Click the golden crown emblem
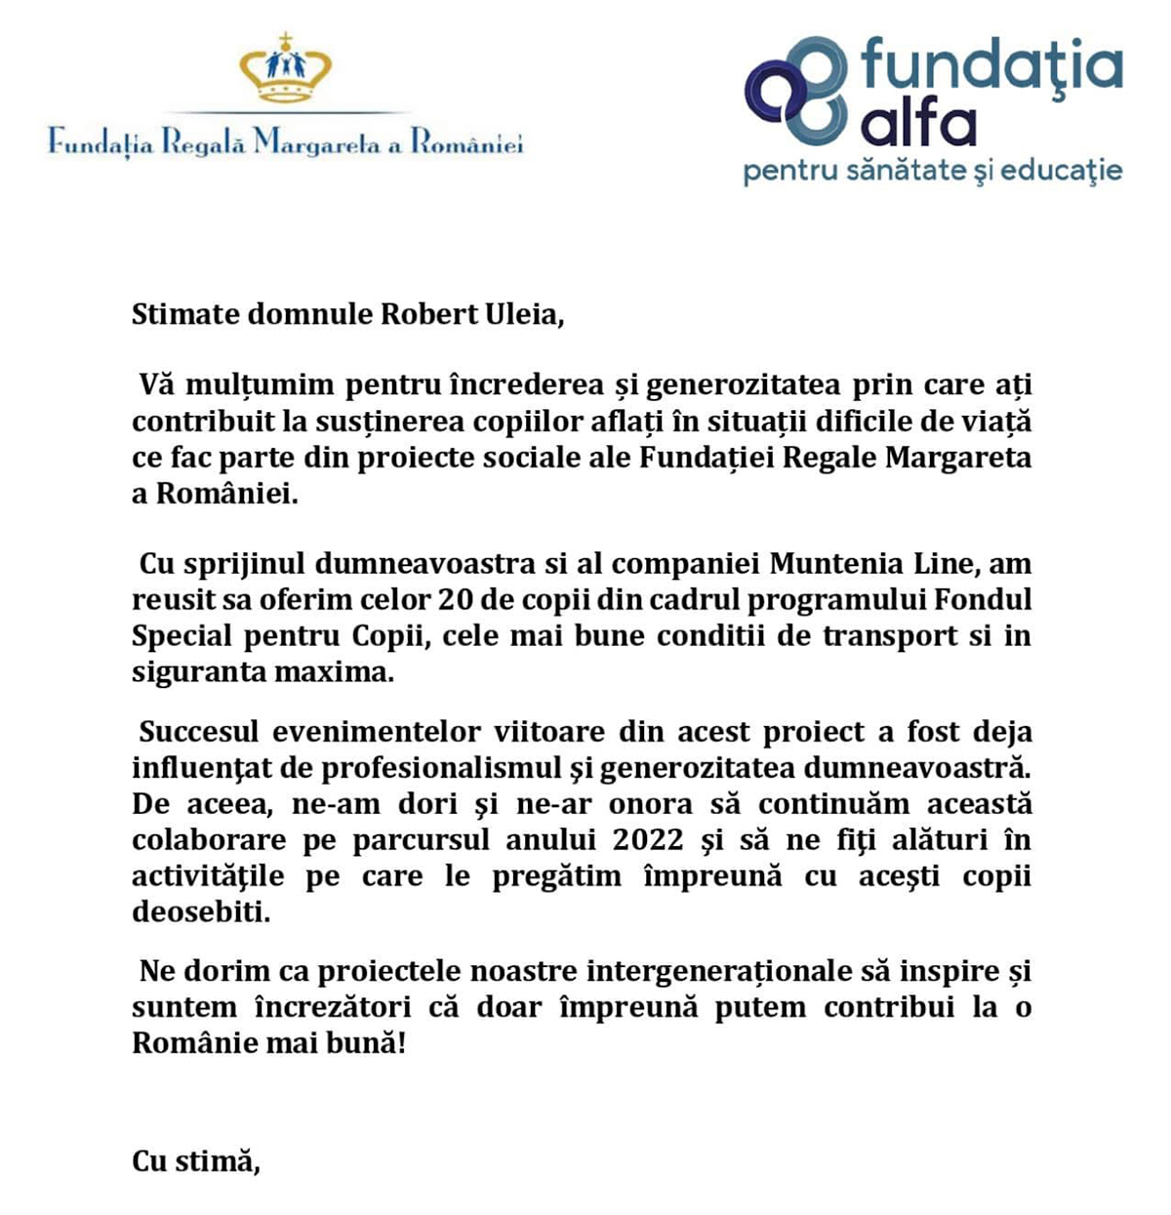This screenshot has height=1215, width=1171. point(286,68)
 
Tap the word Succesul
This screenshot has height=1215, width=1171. point(199,731)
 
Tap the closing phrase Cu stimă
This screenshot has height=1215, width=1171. point(196,1161)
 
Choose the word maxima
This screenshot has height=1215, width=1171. point(340,671)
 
